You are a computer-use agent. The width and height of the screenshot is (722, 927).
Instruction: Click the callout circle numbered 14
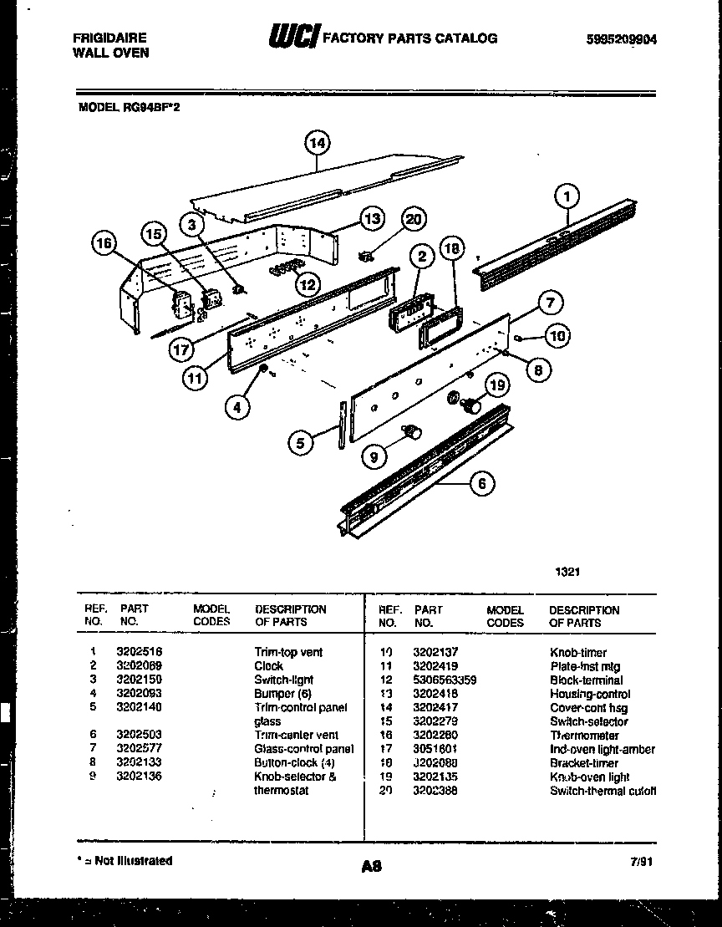316,144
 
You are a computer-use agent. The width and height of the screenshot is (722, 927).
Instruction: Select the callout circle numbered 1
567,197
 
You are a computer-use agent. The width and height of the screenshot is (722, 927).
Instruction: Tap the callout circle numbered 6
482,484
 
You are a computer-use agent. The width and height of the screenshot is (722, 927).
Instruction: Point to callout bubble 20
413,219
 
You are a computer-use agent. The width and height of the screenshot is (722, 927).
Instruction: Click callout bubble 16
104,243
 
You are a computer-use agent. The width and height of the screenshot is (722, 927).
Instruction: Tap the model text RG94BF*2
151,106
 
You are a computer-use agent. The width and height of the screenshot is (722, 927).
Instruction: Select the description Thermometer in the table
584,736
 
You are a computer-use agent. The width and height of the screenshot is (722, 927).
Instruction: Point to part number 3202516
139,652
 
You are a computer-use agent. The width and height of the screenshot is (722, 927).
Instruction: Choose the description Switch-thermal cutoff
603,791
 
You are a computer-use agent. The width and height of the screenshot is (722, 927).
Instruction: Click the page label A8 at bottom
371,868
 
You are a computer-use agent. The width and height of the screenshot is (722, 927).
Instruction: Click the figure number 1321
567,572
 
